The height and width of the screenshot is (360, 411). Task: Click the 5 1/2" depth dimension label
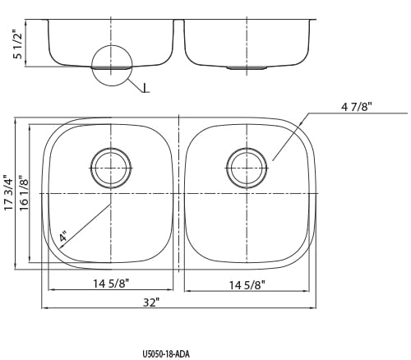[x=17, y=44]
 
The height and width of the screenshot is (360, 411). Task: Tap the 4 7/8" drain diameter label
[x=357, y=107]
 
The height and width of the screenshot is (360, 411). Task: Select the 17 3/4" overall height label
[x=8, y=192]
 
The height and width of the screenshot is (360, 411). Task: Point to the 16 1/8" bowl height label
[x=24, y=193]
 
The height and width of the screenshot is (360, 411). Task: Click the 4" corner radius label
[x=63, y=236]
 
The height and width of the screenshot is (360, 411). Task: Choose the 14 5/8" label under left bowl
[x=111, y=284]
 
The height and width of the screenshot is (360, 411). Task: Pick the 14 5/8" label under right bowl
[x=247, y=285]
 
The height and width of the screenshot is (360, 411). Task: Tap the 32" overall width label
[x=151, y=302]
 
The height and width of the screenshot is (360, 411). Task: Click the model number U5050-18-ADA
[x=166, y=353]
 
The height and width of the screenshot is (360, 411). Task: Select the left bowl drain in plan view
[x=111, y=168]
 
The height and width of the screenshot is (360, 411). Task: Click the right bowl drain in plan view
[x=247, y=168]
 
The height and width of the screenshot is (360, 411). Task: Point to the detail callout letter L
[x=145, y=88]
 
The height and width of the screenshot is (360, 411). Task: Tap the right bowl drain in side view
[x=247, y=67]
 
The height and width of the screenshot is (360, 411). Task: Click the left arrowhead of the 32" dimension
[x=44, y=308]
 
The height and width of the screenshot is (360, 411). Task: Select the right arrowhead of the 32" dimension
[x=314, y=308]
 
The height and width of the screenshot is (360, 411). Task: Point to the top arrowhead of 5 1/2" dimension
[x=25, y=22]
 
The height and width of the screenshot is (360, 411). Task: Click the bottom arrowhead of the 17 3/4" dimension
[x=16, y=266]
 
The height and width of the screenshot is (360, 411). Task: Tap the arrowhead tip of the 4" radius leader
[x=59, y=249]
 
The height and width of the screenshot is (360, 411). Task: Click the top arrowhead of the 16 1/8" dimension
[x=30, y=127]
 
